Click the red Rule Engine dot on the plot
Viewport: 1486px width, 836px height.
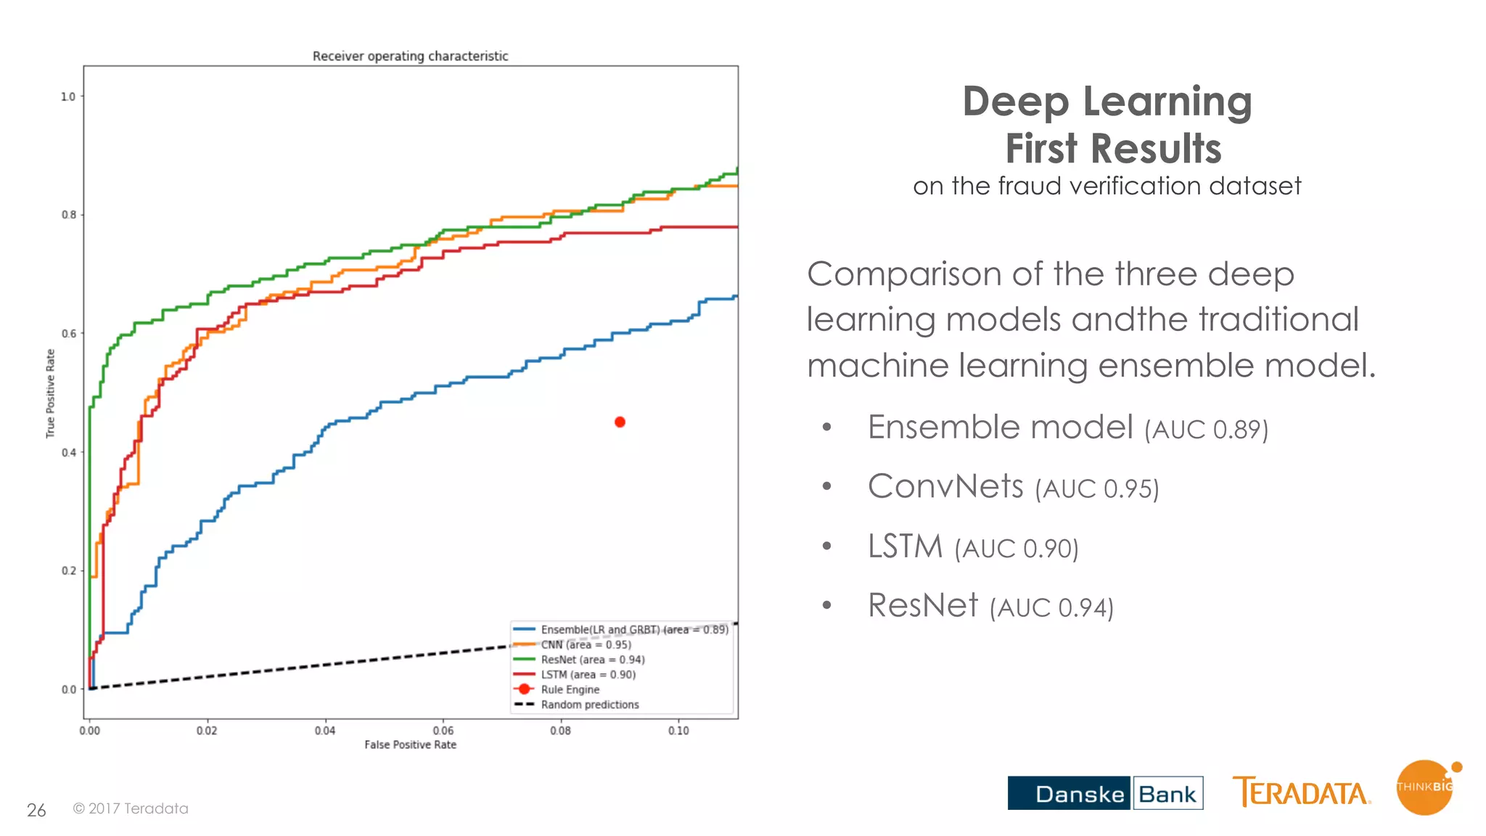[620, 422]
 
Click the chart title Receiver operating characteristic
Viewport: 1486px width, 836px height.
[410, 56]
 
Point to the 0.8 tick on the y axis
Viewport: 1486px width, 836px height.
[69, 215]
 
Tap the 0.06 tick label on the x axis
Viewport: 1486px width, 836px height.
[443, 731]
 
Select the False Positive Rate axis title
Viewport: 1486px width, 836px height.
[410, 745]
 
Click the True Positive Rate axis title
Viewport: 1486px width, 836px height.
[50, 393]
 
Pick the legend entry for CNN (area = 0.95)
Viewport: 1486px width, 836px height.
[586, 644]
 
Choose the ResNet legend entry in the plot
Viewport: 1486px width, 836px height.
[592, 660]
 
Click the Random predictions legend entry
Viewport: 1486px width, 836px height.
[589, 705]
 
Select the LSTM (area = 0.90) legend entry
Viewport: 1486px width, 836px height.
[588, 675]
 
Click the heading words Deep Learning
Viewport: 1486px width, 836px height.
[1107, 102]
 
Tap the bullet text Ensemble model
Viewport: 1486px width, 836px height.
[1000, 427]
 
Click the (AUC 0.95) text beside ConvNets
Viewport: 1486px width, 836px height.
[1096, 489]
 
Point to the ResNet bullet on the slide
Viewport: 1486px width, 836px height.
[923, 605]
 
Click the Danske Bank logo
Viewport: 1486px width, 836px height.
[1105, 793]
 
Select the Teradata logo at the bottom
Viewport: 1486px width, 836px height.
[1301, 792]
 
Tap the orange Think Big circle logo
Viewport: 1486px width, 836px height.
[1425, 787]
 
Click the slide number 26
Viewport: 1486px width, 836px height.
[36, 810]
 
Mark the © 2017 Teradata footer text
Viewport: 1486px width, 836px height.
[131, 808]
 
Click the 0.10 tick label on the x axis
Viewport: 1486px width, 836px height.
[678, 731]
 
